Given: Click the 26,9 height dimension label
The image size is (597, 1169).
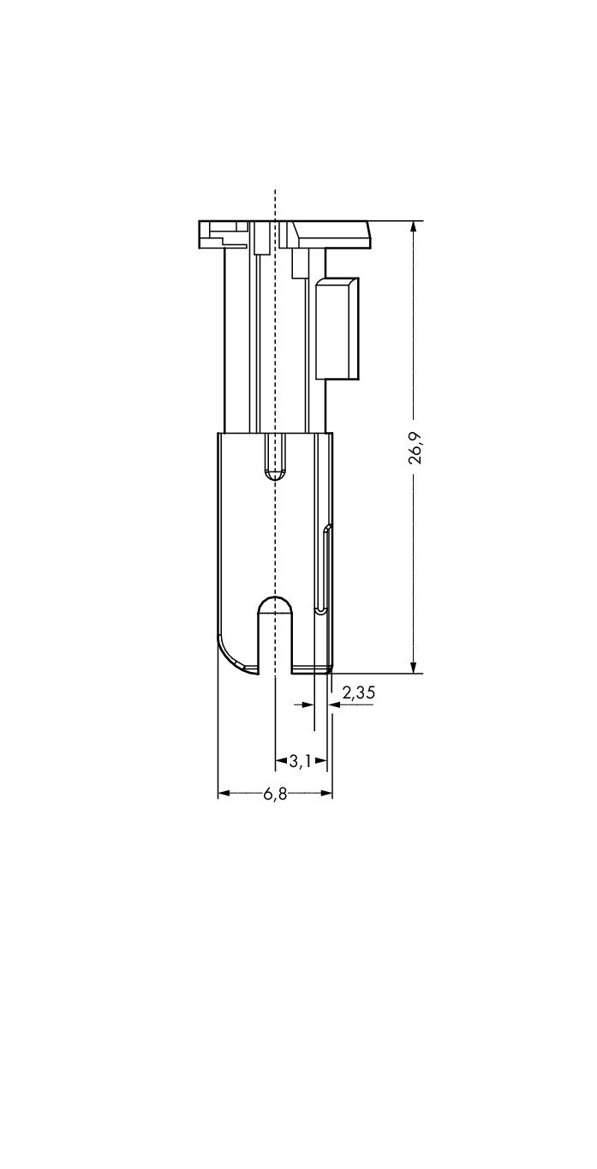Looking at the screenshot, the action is point(415,448).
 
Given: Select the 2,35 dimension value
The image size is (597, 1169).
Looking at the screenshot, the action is point(358,692).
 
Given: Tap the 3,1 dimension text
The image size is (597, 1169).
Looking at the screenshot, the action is point(300,761).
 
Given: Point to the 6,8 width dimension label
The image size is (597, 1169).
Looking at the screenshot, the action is point(275,794).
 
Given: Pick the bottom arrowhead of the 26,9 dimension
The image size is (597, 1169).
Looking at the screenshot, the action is point(414,667).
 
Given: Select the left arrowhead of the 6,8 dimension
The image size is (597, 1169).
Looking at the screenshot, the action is point(224,794).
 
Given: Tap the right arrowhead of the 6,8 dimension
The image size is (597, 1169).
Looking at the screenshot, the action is point(326,794).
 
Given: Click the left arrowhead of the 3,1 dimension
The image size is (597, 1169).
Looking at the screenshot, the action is point(282,761).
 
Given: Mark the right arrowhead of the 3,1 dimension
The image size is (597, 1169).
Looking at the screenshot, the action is point(320,761).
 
